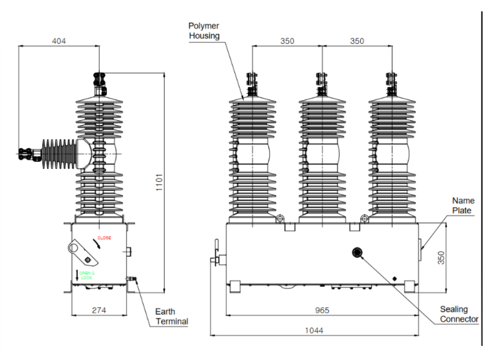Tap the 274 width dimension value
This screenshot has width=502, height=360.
pyautogui.click(x=99, y=310)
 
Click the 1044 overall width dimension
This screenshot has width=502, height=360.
pyautogui.click(x=314, y=330)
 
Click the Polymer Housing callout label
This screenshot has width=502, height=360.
pyautogui.click(x=204, y=31)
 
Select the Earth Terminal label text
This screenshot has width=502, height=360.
pyautogui.click(x=171, y=317)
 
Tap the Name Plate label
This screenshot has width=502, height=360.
pyautogui.click(x=463, y=205)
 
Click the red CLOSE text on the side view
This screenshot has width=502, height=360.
pyautogui.click(x=105, y=238)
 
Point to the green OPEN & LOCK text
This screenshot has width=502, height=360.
pyautogui.click(x=86, y=275)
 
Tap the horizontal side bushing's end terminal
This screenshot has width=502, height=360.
pyautogui.click(x=24, y=154)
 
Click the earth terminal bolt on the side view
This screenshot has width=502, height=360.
pyautogui.click(x=131, y=279)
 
